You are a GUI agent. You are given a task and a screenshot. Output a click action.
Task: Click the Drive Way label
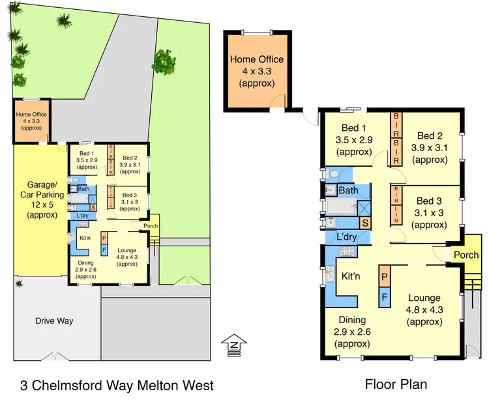coord(55,321)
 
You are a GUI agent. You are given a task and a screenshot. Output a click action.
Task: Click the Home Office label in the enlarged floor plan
coord(256,72)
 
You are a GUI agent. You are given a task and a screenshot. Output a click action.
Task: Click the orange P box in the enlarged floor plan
coord(385,277)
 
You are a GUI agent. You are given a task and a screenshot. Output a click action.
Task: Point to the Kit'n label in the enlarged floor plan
coord(351,277)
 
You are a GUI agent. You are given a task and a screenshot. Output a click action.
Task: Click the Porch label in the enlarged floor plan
coord(466,255)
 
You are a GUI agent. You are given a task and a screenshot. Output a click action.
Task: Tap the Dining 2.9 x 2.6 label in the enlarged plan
coord(352,332)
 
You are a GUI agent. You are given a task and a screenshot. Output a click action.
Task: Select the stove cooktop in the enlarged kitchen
coord(346,253)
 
